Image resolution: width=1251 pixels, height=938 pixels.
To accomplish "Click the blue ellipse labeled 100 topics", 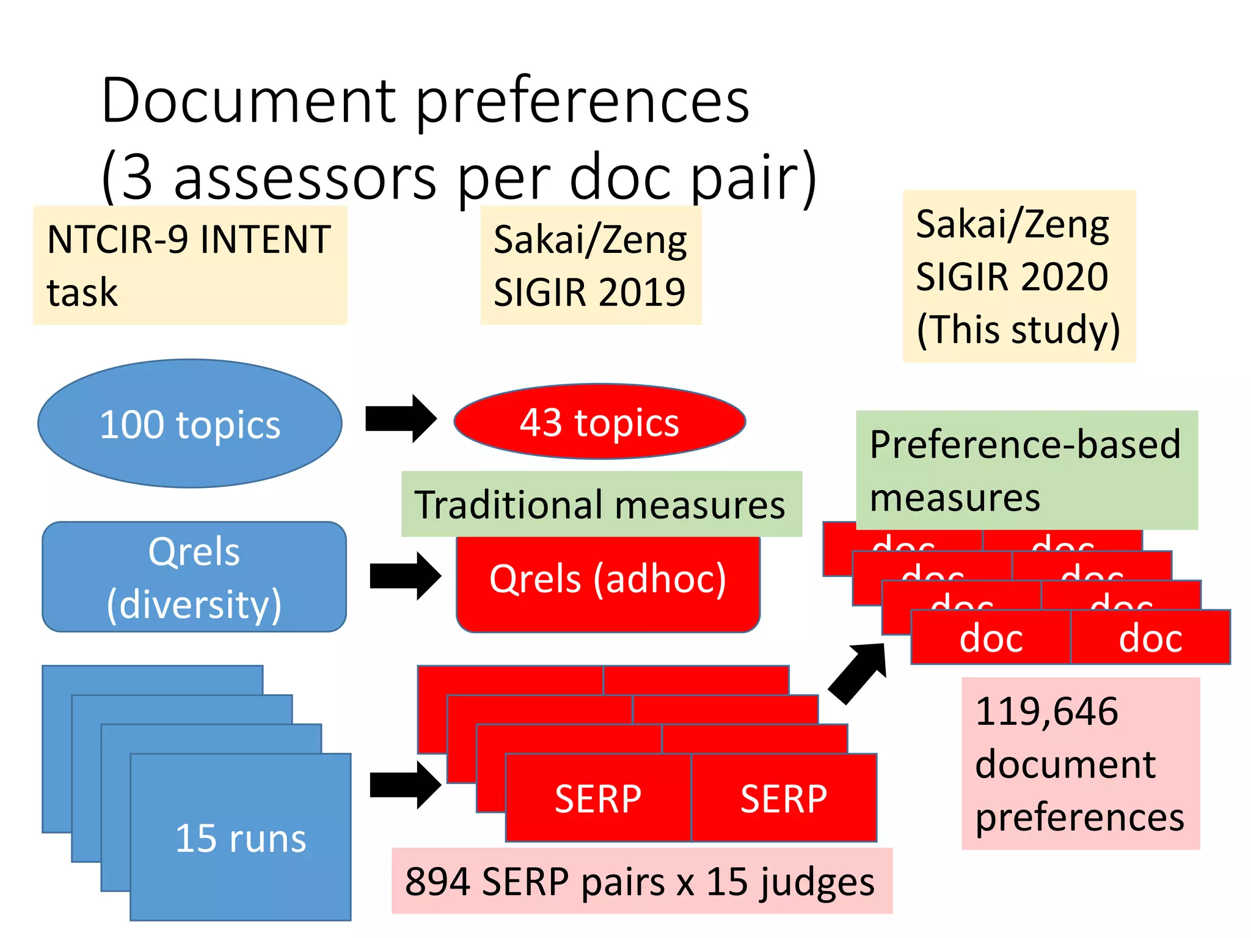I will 190,424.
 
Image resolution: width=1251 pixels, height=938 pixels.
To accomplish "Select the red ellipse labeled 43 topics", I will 599,422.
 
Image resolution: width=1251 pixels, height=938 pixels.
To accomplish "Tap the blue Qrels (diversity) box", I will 194,577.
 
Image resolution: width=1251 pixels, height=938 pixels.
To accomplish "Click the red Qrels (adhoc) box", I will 608,583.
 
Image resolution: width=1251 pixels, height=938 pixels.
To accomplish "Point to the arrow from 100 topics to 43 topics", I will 401,419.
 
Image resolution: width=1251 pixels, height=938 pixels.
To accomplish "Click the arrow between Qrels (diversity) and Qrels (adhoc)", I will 405,576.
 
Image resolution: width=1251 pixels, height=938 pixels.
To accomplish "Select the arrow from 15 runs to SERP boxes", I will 405,785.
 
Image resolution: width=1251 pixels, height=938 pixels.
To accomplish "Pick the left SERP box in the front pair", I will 598,798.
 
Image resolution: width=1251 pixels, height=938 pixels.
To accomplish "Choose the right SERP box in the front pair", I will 784,798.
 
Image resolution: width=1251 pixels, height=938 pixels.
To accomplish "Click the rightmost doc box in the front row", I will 1150,638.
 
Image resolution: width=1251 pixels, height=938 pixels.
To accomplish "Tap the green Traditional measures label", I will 600,504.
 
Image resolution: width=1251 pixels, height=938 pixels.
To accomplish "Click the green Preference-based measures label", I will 1026,470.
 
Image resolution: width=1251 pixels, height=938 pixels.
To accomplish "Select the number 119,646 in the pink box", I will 1046,711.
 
